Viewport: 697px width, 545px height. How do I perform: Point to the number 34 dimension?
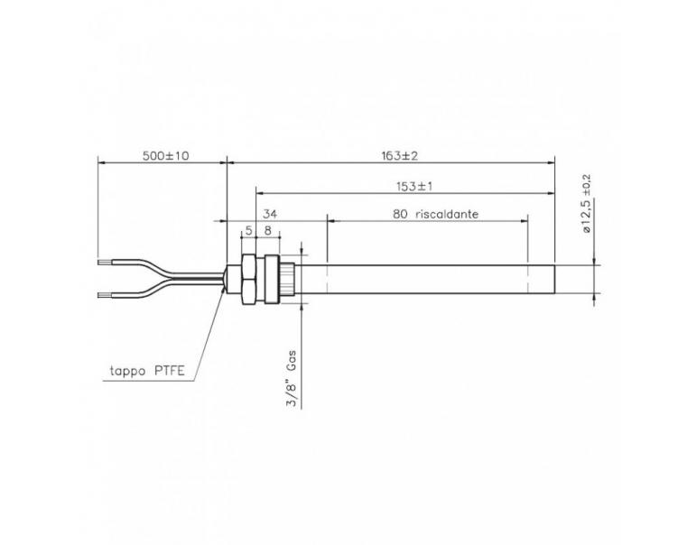pos(269,216)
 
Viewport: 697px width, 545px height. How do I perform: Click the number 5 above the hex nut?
pos(248,231)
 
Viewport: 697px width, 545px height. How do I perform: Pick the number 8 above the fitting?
pos(268,231)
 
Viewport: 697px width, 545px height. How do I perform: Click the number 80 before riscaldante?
pos(401,216)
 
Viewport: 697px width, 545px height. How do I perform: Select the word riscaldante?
pos(447,216)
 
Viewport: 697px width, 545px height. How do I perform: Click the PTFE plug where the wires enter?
pos(227,280)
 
